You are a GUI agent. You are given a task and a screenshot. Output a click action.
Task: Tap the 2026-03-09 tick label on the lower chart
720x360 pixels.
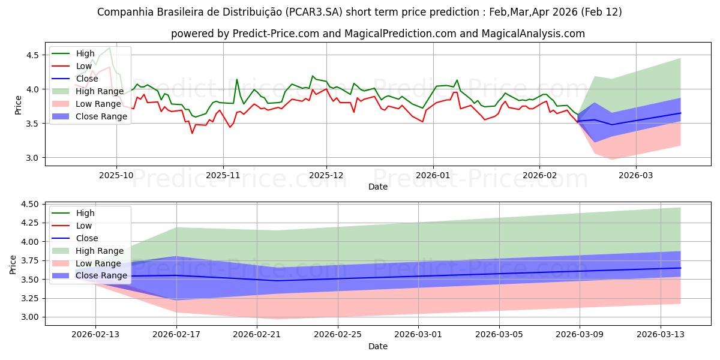coord(580,334)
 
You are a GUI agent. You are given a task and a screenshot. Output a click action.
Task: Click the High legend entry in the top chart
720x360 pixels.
coord(85,53)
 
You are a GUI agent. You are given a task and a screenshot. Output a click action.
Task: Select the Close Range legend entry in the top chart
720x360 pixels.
coord(101,116)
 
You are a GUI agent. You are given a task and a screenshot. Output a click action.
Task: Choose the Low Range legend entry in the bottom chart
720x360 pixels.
coord(99,263)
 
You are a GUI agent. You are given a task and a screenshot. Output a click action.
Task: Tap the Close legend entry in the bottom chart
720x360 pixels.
coord(86,238)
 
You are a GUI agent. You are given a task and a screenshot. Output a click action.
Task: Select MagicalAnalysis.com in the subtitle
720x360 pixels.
coord(533,34)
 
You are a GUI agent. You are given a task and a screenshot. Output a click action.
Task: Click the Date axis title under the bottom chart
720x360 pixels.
coord(378,346)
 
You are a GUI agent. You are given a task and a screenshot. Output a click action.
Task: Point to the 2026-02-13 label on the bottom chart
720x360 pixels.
coord(95,334)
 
